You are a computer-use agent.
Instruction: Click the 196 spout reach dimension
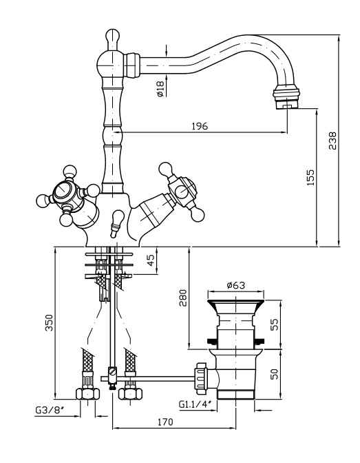pyautogui.click(x=200, y=126)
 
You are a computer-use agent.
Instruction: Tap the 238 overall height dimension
pyautogui.click(x=332, y=141)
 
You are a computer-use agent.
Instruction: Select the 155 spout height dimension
pyautogui.click(x=310, y=177)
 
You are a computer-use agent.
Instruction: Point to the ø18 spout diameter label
pyautogui.click(x=160, y=89)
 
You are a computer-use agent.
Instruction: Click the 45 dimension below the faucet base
pyautogui.click(x=151, y=260)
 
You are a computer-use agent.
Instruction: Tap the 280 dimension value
pyautogui.click(x=183, y=298)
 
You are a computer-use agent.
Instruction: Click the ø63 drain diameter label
pyautogui.click(x=236, y=285)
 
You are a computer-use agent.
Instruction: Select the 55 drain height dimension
pyautogui.click(x=275, y=325)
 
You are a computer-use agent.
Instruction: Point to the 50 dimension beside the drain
pyautogui.click(x=275, y=373)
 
